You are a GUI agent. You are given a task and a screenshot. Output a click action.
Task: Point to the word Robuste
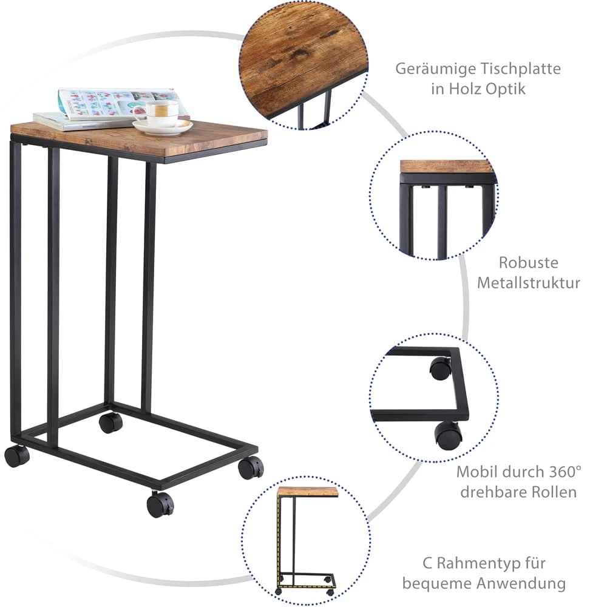(529, 262)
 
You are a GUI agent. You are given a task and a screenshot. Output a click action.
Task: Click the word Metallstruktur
(529, 283)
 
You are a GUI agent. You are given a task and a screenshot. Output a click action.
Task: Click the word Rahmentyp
(478, 564)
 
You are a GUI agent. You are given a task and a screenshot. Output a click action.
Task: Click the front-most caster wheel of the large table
(160, 505)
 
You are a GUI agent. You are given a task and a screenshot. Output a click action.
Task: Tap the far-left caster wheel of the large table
(16, 456)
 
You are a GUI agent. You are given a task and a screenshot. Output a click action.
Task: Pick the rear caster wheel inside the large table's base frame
(110, 423)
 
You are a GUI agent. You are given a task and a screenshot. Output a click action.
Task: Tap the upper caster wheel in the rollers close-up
(440, 368)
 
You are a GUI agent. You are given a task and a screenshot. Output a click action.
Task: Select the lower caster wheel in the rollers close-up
(448, 435)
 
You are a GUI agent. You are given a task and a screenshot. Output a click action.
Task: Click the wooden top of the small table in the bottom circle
(308, 492)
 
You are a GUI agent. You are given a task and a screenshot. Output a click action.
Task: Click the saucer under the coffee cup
(163, 127)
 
